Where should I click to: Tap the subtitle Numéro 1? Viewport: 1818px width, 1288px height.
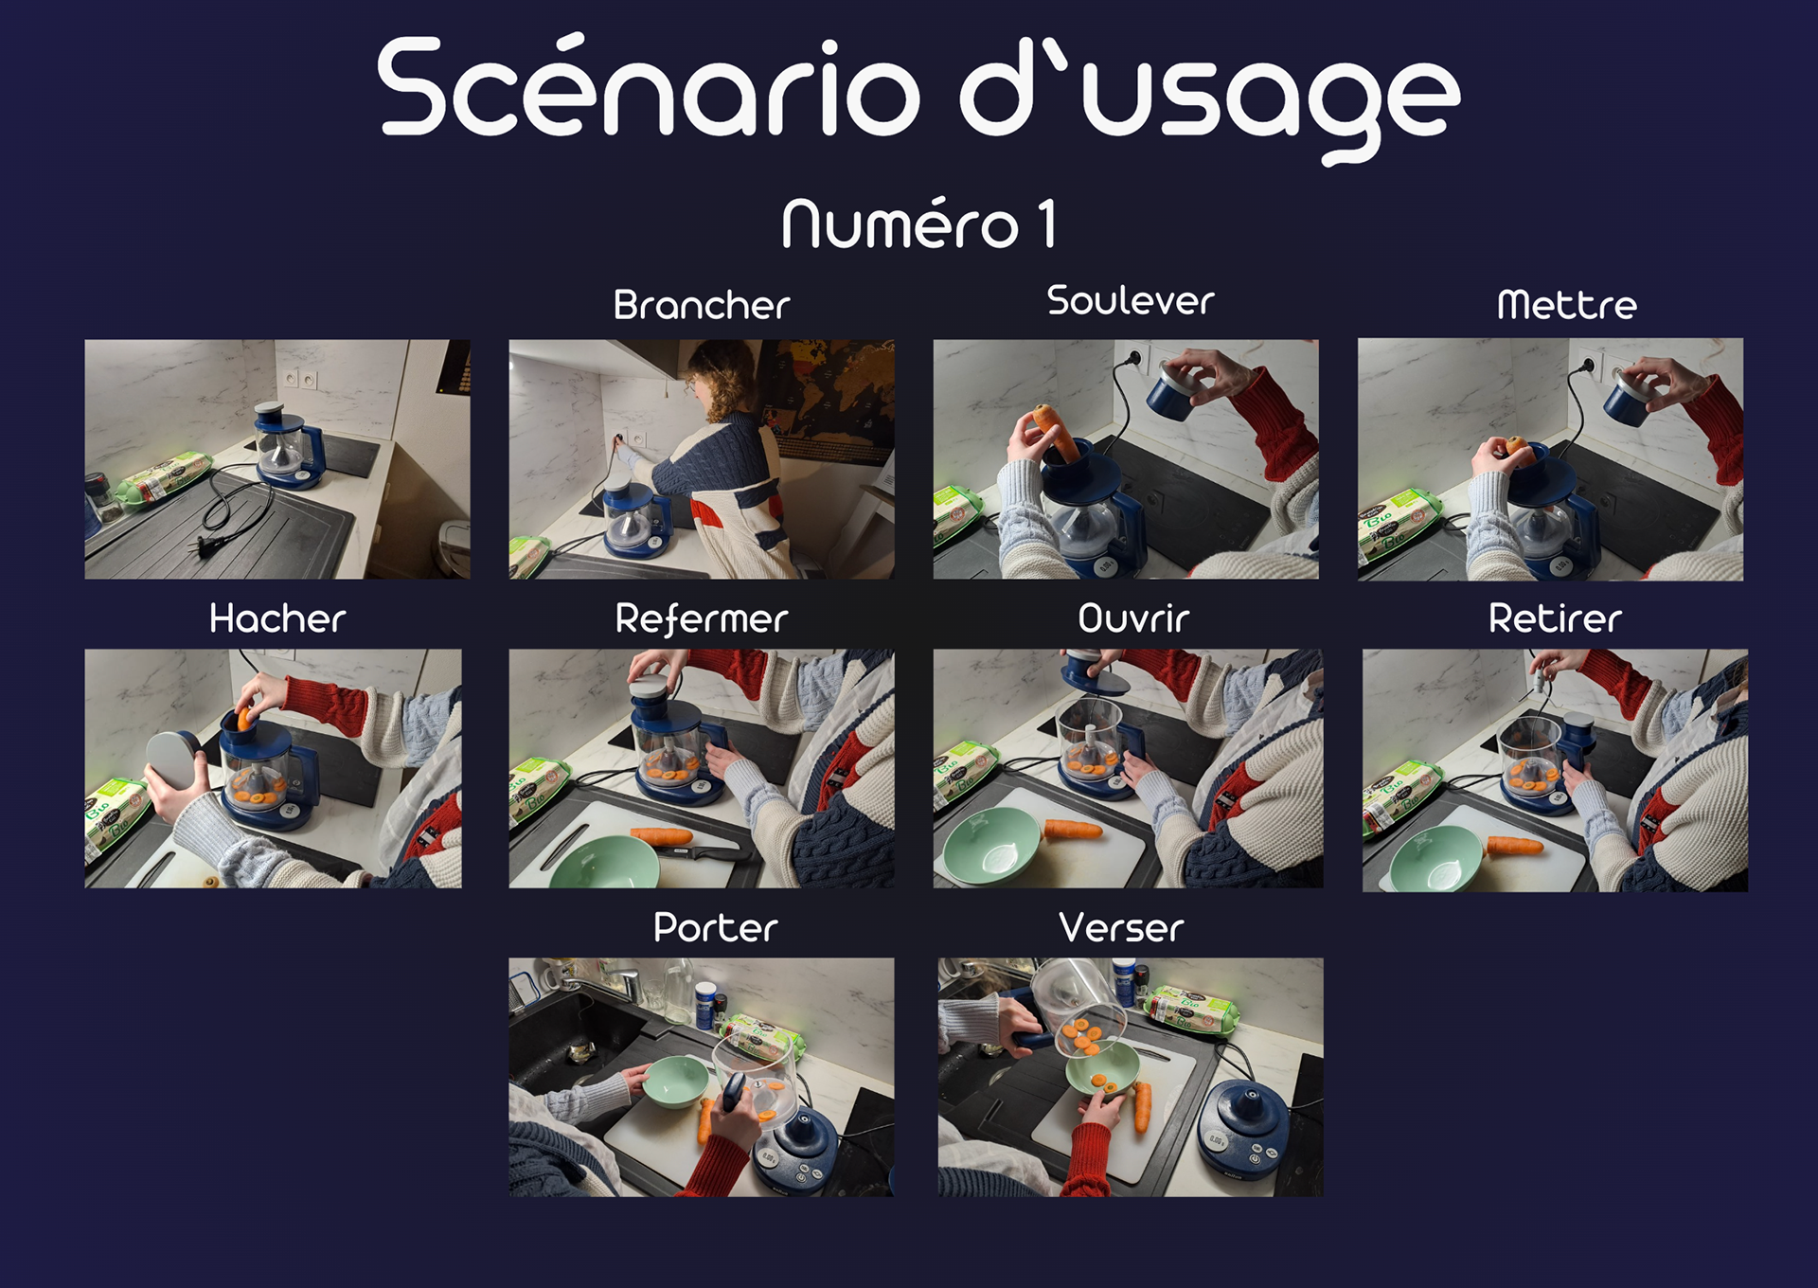918,224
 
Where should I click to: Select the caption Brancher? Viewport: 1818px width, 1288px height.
702,305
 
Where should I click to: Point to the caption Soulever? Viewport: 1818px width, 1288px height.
1131,301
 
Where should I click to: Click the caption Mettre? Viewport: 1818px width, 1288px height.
1567,305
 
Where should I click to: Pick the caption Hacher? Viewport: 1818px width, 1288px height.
277,618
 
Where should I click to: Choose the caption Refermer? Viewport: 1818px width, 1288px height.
702,619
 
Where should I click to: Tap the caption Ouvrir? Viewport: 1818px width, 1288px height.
1133,618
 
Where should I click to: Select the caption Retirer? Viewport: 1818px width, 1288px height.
1555,618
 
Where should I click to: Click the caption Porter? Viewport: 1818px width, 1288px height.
716,927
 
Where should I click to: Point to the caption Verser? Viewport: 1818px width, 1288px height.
1122,927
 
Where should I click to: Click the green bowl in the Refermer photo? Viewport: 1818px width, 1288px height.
604,862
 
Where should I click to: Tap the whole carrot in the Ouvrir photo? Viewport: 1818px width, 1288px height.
1073,831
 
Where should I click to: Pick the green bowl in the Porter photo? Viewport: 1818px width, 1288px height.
674,1082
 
